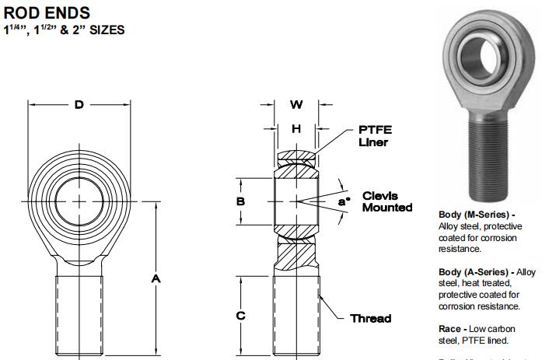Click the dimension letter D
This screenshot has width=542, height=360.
click(x=79, y=105)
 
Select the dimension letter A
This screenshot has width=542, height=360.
click(x=156, y=278)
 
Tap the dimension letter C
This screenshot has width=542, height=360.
click(x=241, y=315)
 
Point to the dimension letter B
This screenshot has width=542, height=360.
click(x=240, y=201)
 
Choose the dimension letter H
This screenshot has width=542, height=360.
click(x=296, y=128)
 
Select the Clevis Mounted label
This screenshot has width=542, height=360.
click(x=386, y=201)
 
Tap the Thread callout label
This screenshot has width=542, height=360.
click(x=370, y=318)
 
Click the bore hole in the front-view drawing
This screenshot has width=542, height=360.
click(x=79, y=201)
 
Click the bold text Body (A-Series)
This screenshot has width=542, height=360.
click(x=476, y=272)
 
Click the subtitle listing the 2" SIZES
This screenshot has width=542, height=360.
click(x=65, y=30)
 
